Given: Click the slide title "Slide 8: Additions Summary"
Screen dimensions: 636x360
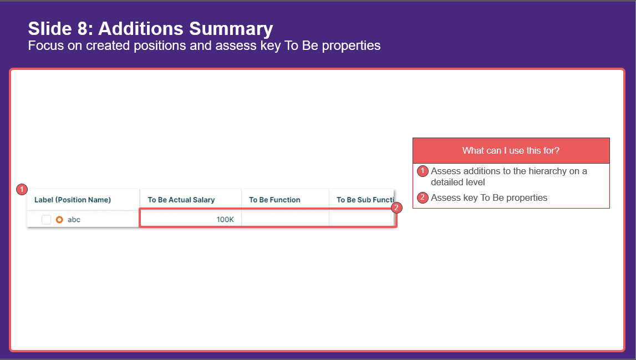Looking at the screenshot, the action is click(x=150, y=29).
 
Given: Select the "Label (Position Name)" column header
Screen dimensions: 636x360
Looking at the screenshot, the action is click(x=73, y=200).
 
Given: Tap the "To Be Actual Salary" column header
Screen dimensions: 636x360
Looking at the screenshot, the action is click(x=181, y=200).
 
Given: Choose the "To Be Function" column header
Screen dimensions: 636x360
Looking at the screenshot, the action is click(x=274, y=200).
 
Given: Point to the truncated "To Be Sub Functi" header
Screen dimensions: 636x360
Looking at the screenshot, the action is click(x=365, y=200).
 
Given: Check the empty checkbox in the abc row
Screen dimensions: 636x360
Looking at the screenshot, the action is click(x=46, y=220).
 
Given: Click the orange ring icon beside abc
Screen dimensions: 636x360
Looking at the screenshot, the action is click(x=60, y=220).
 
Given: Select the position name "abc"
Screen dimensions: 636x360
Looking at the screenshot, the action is click(x=74, y=220).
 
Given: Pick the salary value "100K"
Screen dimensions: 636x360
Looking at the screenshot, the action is click(x=225, y=220).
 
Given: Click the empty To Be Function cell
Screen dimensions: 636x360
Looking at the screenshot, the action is click(x=285, y=219).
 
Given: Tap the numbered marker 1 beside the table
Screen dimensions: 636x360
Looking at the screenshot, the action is click(x=22, y=190).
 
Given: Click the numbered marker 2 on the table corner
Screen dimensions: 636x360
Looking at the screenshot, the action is click(x=396, y=208).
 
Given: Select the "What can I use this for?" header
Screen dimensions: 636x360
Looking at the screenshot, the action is click(x=511, y=150).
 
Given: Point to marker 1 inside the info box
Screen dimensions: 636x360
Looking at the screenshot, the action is click(x=423, y=171).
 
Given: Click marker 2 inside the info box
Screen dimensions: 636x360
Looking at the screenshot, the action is click(x=423, y=197).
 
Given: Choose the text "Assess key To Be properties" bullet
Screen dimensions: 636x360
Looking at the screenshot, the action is click(x=489, y=197).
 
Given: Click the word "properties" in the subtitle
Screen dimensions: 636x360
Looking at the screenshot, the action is click(x=351, y=45).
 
